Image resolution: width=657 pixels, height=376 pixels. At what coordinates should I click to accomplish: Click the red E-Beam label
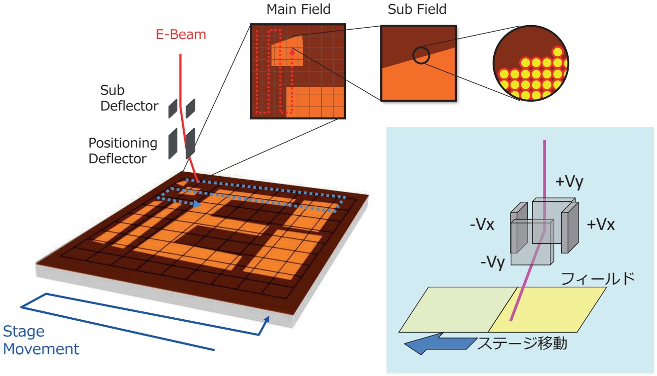(x=178, y=35)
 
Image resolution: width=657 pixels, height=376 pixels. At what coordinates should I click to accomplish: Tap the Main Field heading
(x=298, y=9)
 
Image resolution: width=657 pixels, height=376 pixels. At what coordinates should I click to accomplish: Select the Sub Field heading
(x=417, y=9)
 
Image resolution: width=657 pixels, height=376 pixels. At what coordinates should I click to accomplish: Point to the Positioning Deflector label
(x=123, y=151)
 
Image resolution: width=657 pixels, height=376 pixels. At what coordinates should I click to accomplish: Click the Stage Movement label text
(x=40, y=340)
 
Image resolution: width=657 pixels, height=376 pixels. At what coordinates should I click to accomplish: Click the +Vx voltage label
(x=600, y=225)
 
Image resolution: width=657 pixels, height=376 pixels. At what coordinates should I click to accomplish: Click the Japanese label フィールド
(x=597, y=279)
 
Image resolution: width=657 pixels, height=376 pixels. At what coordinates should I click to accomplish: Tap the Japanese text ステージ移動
(x=521, y=342)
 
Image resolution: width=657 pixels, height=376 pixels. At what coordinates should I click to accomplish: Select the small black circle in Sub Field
(x=421, y=55)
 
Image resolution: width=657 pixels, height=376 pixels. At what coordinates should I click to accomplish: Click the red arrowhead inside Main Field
(x=293, y=49)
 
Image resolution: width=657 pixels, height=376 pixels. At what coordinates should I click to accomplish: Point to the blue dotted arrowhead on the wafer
(x=197, y=203)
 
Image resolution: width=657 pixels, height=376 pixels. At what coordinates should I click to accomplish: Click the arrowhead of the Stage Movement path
(x=268, y=320)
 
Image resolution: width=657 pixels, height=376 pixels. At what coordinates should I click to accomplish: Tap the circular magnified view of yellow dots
(x=530, y=63)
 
